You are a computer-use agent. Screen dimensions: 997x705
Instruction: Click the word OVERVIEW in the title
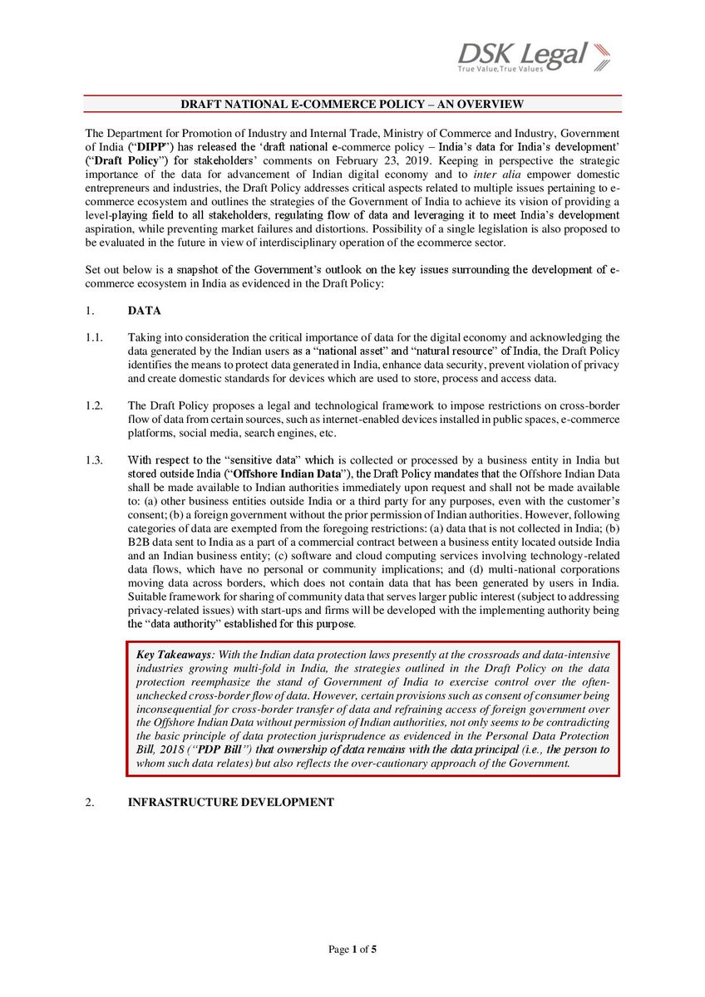click(486, 104)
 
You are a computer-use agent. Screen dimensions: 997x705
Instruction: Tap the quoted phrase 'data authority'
click(195, 622)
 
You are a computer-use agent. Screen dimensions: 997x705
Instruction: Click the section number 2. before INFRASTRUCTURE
click(91, 802)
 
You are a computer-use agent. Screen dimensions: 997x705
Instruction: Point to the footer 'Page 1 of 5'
click(352, 949)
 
